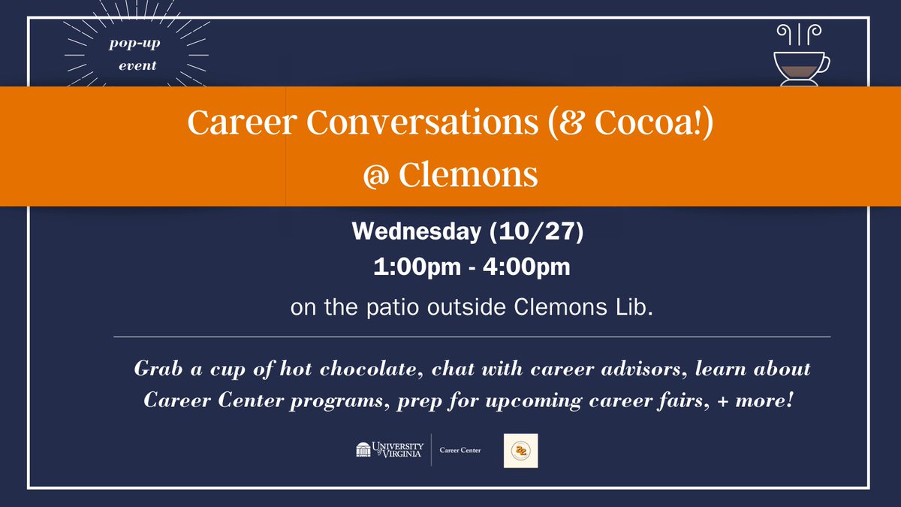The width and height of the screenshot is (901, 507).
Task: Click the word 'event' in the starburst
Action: pyautogui.click(x=137, y=65)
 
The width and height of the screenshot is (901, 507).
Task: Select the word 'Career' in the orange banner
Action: pyautogui.click(x=232, y=122)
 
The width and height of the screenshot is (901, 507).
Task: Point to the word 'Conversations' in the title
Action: pyautogui.click(x=400, y=122)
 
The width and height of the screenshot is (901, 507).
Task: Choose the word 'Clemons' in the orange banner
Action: pyautogui.click(x=468, y=176)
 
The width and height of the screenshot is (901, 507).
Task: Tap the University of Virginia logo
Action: pyautogui.click(x=390, y=450)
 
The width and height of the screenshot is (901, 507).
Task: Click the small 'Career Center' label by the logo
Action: pyautogui.click(x=460, y=451)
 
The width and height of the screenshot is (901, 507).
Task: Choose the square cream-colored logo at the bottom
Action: pyautogui.click(x=520, y=451)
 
